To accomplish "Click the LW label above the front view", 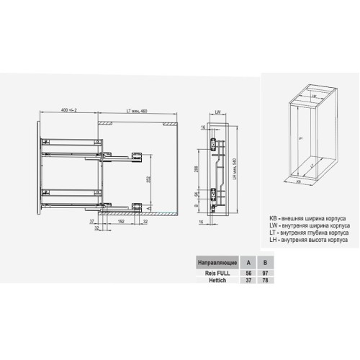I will point(217,112).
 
